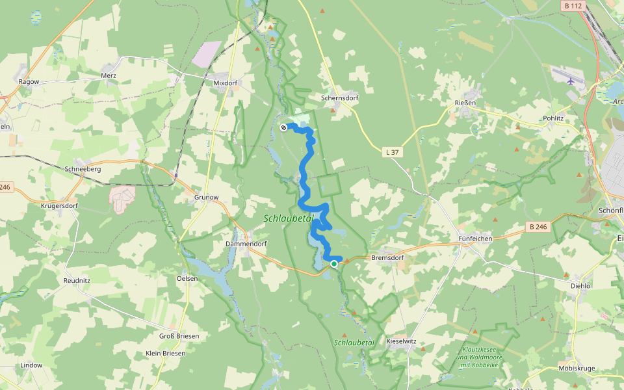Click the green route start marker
click(x=334, y=264)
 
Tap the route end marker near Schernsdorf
click(x=283, y=127)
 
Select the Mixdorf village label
click(x=226, y=83)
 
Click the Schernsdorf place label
click(x=340, y=99)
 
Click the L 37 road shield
click(x=392, y=152)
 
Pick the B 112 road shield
click(x=572, y=5)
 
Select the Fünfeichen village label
click(x=475, y=239)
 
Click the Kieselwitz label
click(x=401, y=341)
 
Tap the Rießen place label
click(x=465, y=103)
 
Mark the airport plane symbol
click(x=571, y=81)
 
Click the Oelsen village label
click(x=187, y=278)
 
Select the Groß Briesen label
click(x=179, y=336)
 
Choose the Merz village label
click(x=109, y=75)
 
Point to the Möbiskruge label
click(x=577, y=369)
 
